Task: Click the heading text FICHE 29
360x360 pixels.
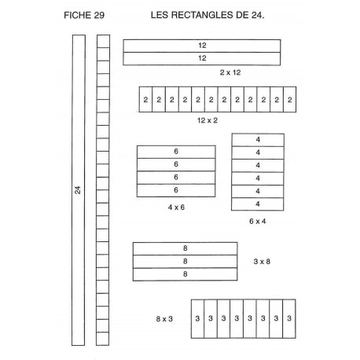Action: tap(84, 15)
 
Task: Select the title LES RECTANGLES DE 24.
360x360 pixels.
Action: tap(208, 15)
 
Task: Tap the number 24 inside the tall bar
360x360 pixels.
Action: tap(78, 190)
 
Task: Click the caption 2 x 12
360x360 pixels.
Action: tap(230, 72)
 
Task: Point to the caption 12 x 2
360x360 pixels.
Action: tap(208, 120)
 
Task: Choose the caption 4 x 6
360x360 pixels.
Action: tap(176, 208)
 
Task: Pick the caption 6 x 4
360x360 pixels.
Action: tap(258, 222)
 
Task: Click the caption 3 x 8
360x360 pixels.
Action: tap(262, 262)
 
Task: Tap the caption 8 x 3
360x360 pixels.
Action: tap(164, 319)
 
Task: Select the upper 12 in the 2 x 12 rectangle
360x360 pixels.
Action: tap(202, 46)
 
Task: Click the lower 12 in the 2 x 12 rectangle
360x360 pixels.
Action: tap(202, 58)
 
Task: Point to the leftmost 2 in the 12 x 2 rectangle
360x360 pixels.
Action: tap(145, 100)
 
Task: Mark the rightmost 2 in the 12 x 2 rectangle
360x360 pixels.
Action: tap(290, 100)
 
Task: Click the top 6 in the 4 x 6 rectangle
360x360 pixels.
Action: tap(176, 152)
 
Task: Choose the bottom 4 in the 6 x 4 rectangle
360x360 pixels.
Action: tap(258, 204)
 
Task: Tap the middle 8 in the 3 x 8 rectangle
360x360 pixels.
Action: tap(186, 261)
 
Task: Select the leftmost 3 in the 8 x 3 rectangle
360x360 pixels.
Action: tap(197, 318)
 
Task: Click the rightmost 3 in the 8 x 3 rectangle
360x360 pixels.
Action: tap(289, 318)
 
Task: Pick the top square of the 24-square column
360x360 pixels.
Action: tap(103, 41)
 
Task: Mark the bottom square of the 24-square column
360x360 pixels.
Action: tap(103, 339)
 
